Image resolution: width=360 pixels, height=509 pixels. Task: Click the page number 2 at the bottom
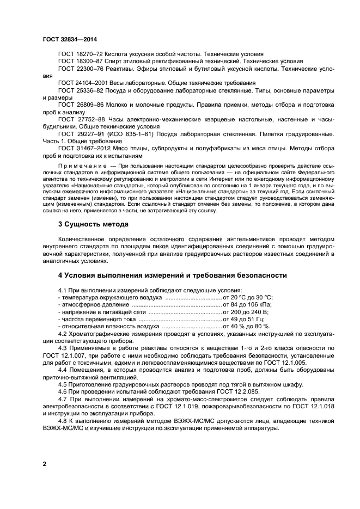coord(44,463)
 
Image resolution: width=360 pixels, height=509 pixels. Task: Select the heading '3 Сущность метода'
coord(93,224)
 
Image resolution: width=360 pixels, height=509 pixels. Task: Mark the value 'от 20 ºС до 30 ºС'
coord(248,297)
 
